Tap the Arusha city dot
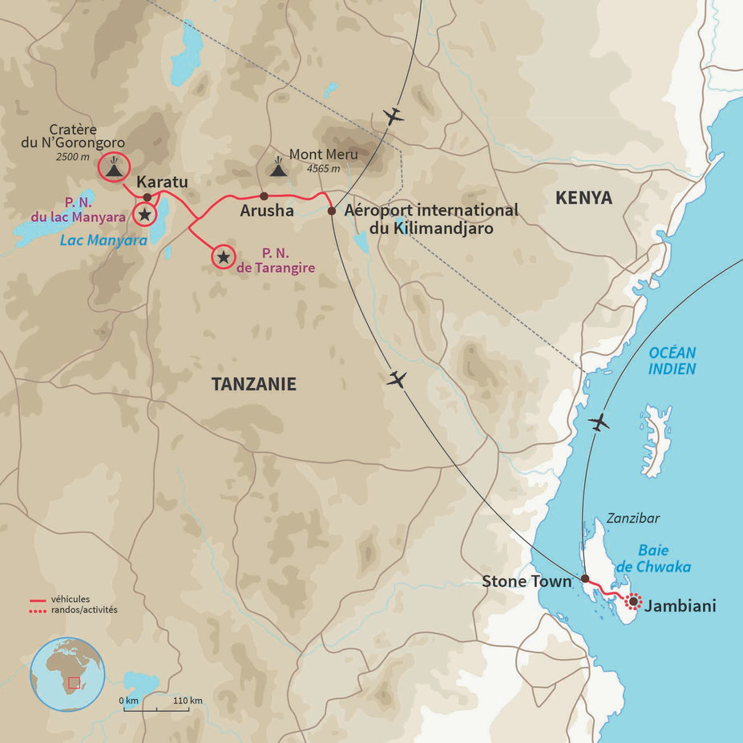[x=264, y=196]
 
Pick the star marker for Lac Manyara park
[x=144, y=213]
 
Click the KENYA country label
[x=584, y=197]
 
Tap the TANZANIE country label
[x=253, y=384]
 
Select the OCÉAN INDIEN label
[x=672, y=361]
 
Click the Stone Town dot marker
[x=585, y=579]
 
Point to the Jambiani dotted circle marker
[x=633, y=600]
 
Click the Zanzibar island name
[x=632, y=519]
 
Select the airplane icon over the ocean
[x=599, y=422]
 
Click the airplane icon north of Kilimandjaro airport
[x=393, y=116]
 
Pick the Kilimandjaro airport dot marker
[x=332, y=211]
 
